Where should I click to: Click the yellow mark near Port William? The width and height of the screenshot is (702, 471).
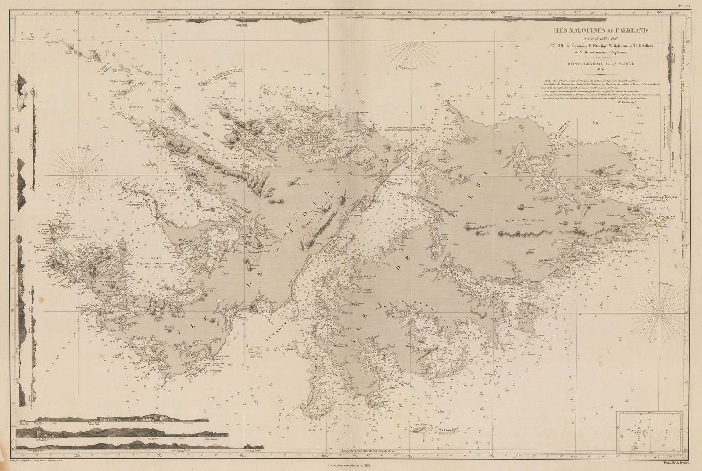[x=656, y=223]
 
